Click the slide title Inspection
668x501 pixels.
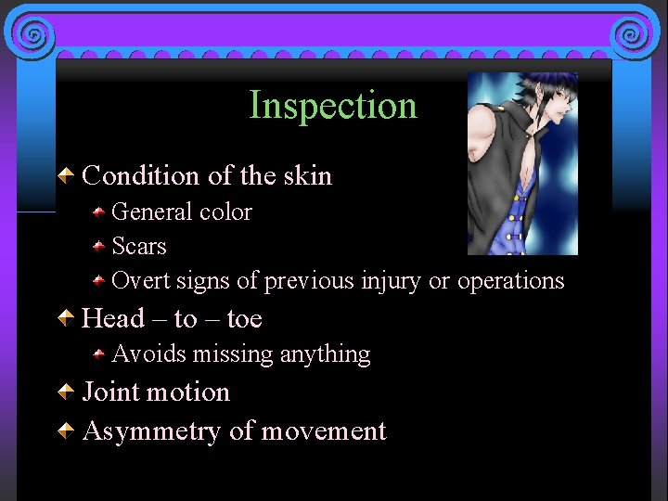(x=333, y=106)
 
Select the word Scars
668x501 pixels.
(x=139, y=246)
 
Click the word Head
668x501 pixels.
(x=114, y=319)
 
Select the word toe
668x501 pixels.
(x=244, y=319)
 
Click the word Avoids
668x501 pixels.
(x=148, y=353)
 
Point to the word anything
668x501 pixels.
(x=325, y=354)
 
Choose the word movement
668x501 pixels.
(x=323, y=431)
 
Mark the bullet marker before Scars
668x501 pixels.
(x=98, y=247)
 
